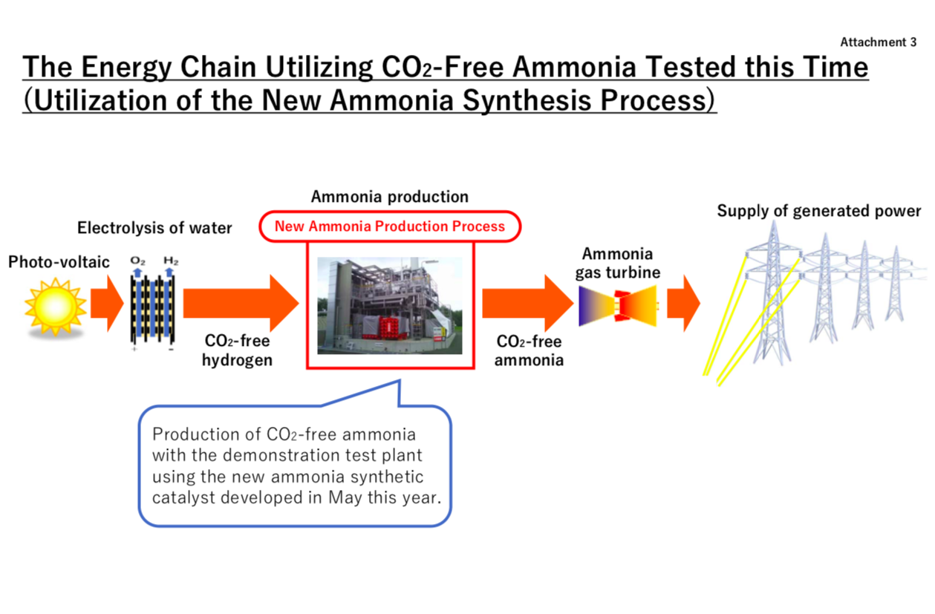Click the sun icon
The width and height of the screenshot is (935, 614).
pyautogui.click(x=55, y=307)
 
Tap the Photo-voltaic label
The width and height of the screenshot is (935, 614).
pyautogui.click(x=59, y=262)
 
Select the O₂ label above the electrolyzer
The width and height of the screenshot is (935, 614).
pyautogui.click(x=137, y=261)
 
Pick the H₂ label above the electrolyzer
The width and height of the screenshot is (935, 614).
pyautogui.click(x=171, y=261)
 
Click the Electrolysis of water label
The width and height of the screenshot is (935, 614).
pyautogui.click(x=154, y=228)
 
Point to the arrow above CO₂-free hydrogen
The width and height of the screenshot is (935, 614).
pyautogui.click(x=241, y=304)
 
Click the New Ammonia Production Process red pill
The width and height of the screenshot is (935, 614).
pyautogui.click(x=390, y=226)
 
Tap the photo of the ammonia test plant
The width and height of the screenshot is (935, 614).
pyautogui.click(x=390, y=306)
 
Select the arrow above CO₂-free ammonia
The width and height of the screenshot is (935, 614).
pyautogui.click(x=528, y=304)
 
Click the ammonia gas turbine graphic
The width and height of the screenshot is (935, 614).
pyautogui.click(x=618, y=306)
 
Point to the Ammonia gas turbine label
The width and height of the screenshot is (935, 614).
pyautogui.click(x=618, y=263)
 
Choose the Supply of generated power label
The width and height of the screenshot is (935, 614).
pyautogui.click(x=819, y=211)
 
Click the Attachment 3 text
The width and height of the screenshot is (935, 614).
pyautogui.click(x=879, y=42)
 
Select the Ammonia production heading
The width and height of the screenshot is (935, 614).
pyautogui.click(x=390, y=197)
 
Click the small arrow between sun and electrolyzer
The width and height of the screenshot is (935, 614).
pyautogui.click(x=107, y=304)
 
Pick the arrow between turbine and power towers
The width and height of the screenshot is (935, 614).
pyautogui.click(x=684, y=304)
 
